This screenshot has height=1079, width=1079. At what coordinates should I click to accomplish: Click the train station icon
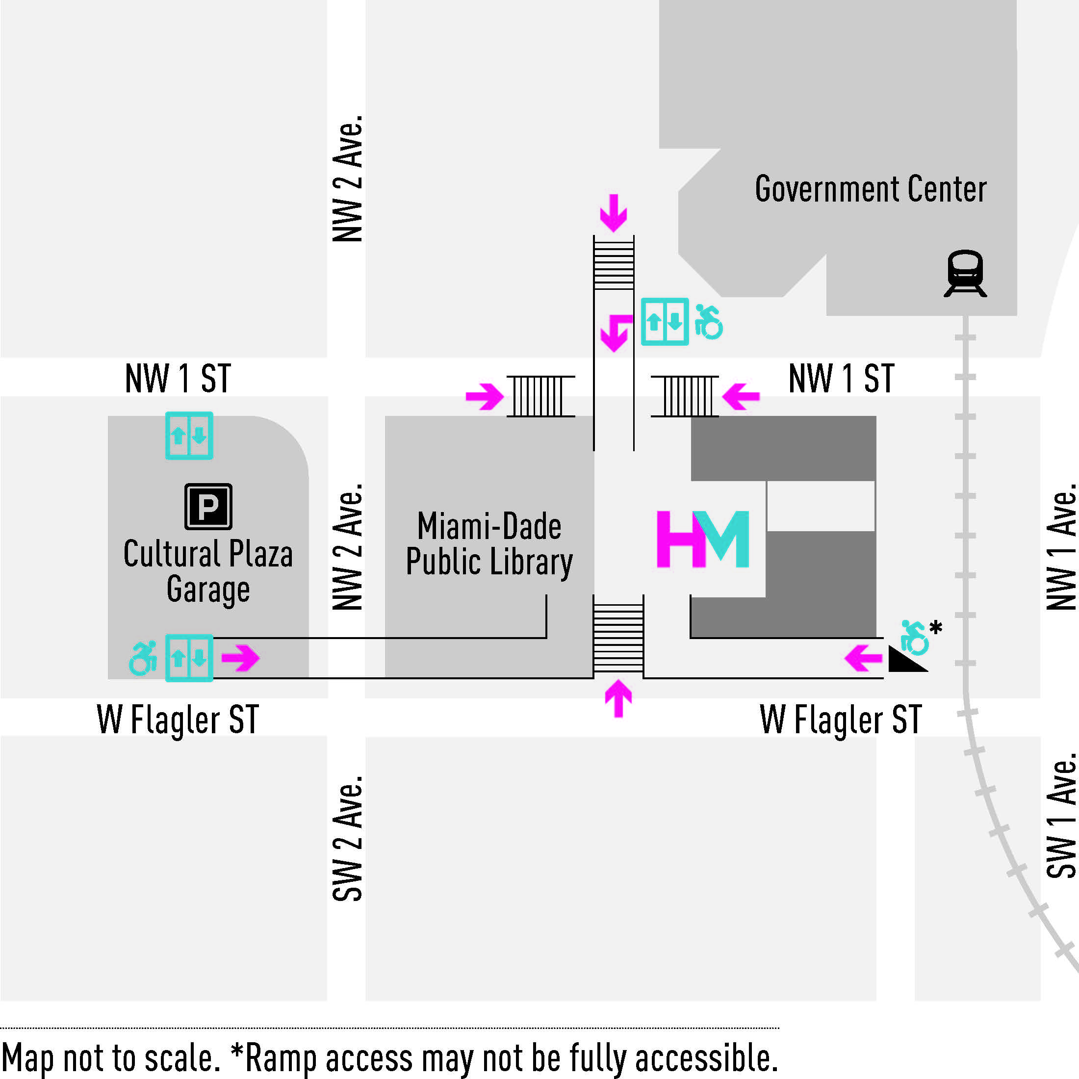pyautogui.click(x=965, y=274)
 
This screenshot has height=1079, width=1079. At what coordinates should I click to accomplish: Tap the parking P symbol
pyautogui.click(x=208, y=506)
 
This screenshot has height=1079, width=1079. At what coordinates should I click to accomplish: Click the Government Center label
pyautogui.click(x=870, y=189)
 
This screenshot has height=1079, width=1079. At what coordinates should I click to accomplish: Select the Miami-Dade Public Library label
pyautogui.click(x=489, y=543)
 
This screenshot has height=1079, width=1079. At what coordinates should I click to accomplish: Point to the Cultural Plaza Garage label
pyautogui.click(x=208, y=571)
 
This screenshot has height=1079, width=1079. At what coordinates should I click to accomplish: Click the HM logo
pyautogui.click(x=703, y=539)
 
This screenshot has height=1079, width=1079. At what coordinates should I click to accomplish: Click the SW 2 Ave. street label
pyautogui.click(x=347, y=838)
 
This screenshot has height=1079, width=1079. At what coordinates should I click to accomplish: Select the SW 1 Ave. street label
pyautogui.click(x=1061, y=816)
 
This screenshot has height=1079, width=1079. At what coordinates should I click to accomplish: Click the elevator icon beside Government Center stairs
pyautogui.click(x=664, y=322)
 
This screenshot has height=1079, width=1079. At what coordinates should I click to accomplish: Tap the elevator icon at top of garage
pyautogui.click(x=189, y=435)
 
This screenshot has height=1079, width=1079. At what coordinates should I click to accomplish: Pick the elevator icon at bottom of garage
pyautogui.click(x=189, y=658)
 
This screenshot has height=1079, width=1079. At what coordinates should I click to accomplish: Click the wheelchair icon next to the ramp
pyautogui.click(x=914, y=637)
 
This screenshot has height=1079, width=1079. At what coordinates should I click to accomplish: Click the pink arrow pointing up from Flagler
pyautogui.click(x=618, y=697)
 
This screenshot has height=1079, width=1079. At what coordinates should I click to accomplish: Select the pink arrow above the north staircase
pyautogui.click(x=613, y=213)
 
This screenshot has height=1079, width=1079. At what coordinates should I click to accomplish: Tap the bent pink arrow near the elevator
pyautogui.click(x=616, y=333)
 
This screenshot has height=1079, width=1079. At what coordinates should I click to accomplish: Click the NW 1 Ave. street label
pyautogui.click(x=1061, y=547)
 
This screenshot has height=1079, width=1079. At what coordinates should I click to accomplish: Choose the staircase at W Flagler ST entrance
pyautogui.click(x=618, y=637)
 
